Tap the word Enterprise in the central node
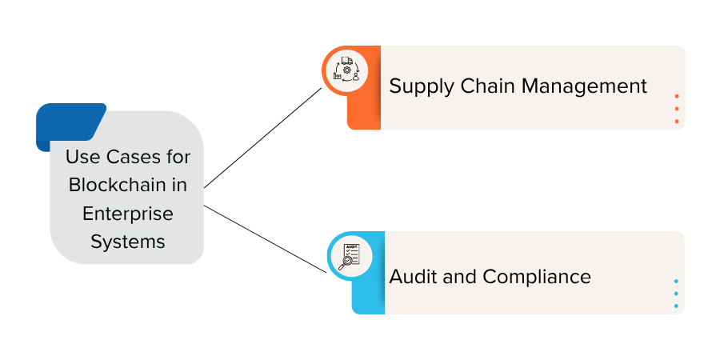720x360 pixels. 128,214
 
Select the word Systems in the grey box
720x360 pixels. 128,242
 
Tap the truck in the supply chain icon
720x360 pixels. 347,60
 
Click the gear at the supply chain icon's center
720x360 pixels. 346,70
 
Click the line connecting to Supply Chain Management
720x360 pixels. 262,138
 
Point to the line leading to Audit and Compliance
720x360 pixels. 266,239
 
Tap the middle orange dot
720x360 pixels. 677,109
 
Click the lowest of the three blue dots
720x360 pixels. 676,306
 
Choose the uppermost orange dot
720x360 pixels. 677,97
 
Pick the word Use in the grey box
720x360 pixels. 82,157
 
